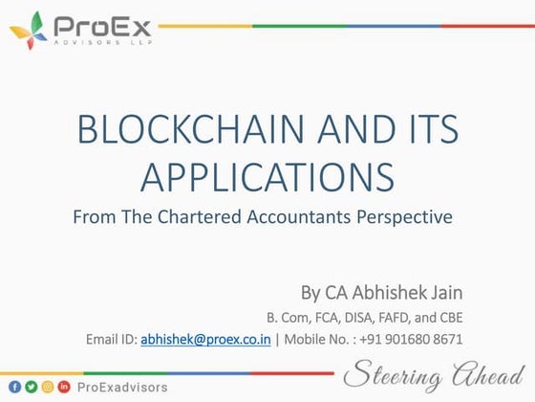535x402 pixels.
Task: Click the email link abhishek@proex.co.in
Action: pos(206,339)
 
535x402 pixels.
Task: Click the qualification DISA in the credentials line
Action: pos(373,317)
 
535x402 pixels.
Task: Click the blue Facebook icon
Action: pos(14,386)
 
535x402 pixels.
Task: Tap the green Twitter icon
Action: pos(31,386)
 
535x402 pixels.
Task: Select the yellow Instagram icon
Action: pos(48,386)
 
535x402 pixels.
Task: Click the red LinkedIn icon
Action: pos(65,386)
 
